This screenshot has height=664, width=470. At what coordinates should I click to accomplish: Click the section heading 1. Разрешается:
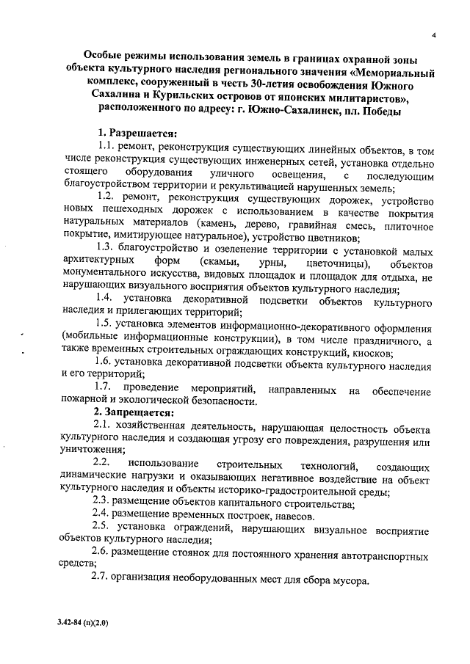click(137, 135)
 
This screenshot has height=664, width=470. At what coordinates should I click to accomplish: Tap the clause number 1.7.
click(104, 387)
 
